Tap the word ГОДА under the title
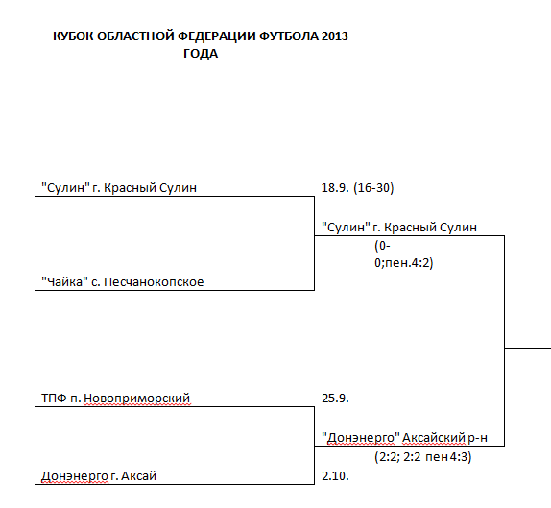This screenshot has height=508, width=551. (x=201, y=54)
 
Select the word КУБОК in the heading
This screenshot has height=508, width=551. (x=73, y=36)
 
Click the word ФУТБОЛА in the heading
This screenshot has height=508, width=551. (x=289, y=36)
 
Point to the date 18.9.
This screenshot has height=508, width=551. (x=335, y=188)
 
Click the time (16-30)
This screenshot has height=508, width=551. (x=373, y=188)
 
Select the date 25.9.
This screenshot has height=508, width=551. (x=335, y=399)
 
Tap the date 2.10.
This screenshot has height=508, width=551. (x=335, y=476)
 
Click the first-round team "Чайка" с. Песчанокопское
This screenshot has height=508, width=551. (x=123, y=282)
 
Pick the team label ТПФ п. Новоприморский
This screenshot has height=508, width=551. (x=115, y=399)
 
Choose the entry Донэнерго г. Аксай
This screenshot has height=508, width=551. (x=99, y=476)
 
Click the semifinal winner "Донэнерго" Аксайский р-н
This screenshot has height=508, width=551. (x=404, y=438)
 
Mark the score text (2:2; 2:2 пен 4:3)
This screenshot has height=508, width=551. (x=423, y=457)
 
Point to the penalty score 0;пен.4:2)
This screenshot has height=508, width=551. (x=404, y=263)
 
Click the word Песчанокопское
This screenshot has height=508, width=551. (x=154, y=282)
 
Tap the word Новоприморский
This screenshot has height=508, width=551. (x=137, y=399)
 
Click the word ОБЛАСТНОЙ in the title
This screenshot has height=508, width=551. (x=135, y=36)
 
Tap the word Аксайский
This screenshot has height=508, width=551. (x=434, y=438)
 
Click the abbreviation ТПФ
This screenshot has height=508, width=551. (x=54, y=399)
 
